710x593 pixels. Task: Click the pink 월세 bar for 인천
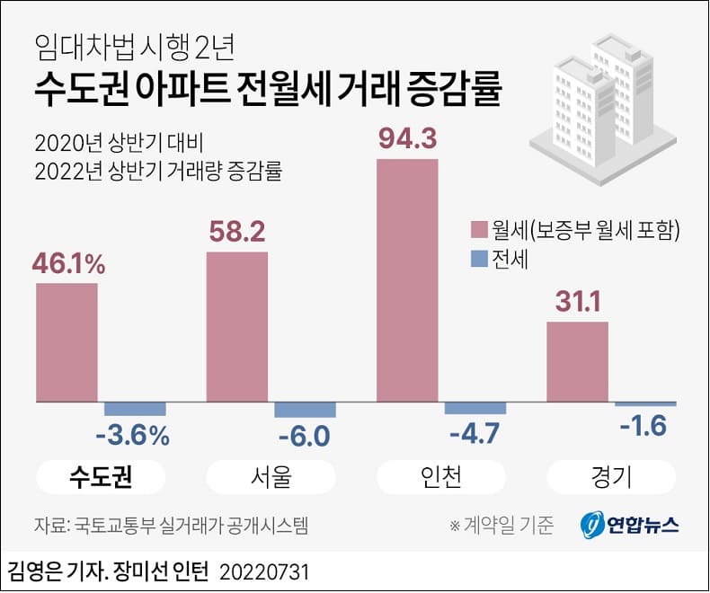pyautogui.click(x=407, y=279)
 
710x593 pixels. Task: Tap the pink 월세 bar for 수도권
pyautogui.click(x=67, y=341)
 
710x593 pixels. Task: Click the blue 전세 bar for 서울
pyautogui.click(x=305, y=409)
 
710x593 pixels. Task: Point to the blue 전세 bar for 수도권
pyautogui.click(x=135, y=407)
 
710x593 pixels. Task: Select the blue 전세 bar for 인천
pyautogui.click(x=475, y=408)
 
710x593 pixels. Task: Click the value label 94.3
pyautogui.click(x=407, y=139)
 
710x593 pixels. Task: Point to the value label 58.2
pyautogui.click(x=236, y=233)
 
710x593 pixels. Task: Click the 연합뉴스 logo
pyautogui.click(x=629, y=525)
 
